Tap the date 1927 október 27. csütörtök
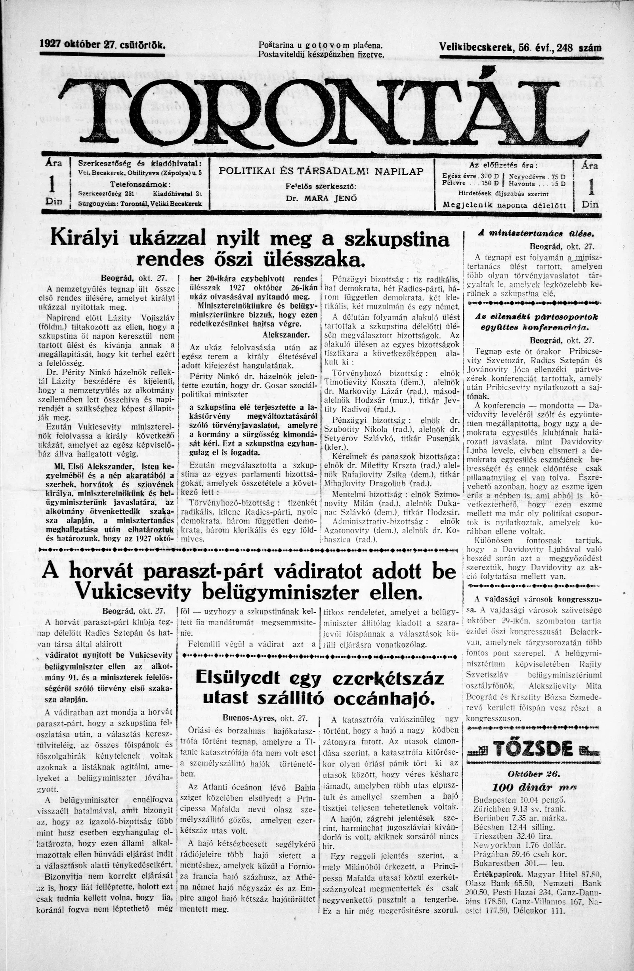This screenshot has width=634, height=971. tap(102, 45)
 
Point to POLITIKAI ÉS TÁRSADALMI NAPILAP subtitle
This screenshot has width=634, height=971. tap(321, 172)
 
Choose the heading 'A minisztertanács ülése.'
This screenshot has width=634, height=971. tap(533, 234)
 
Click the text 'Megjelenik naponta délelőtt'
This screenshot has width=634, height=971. tap(504, 205)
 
